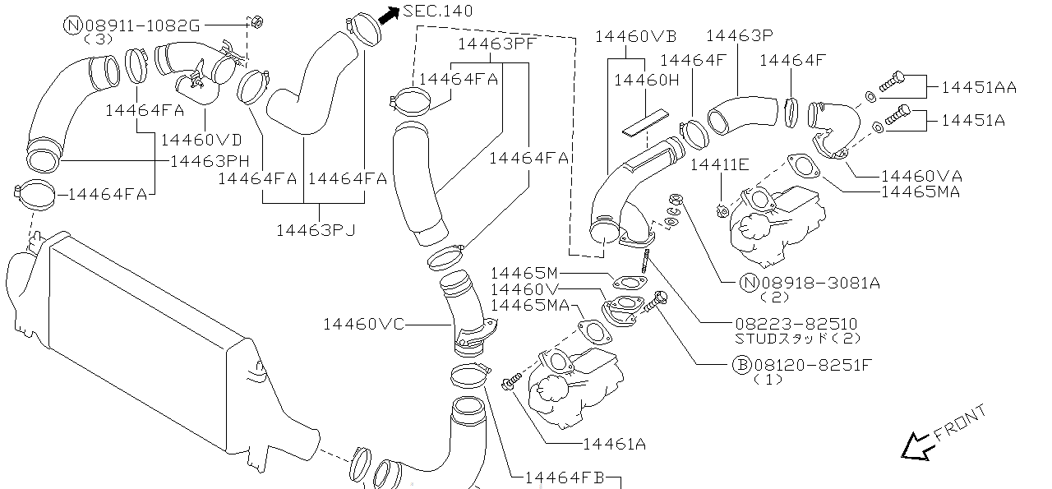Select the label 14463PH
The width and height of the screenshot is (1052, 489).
pos(210,160)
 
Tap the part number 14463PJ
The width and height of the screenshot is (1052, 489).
pos(316,231)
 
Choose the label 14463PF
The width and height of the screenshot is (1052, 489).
pos(497,44)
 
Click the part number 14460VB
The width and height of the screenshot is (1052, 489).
pos(635,36)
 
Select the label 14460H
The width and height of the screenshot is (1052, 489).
pos(647,80)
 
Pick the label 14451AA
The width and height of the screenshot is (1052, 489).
pos(979,87)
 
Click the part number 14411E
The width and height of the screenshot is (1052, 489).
pos(719,164)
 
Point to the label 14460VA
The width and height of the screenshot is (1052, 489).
pos(922,176)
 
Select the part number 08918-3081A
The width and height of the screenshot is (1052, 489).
pos(821,283)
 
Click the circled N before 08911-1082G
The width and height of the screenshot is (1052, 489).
pos(72,25)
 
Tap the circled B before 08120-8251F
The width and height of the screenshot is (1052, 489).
pos(741,365)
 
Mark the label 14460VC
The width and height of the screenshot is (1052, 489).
pos(363,324)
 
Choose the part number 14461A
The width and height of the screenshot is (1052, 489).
pos(614,445)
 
